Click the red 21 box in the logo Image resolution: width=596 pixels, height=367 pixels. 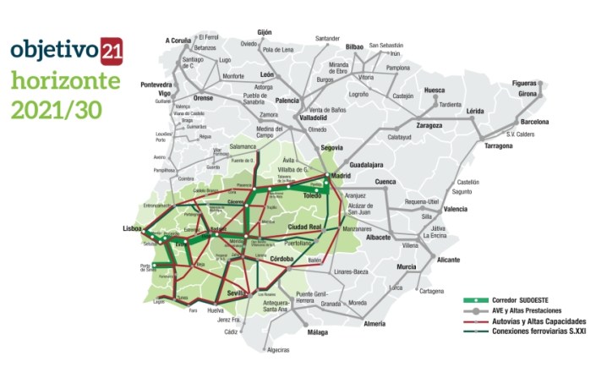tap(112, 50)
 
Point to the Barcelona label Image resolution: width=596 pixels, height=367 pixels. tap(533, 121)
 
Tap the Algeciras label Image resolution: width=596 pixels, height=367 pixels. tap(279, 348)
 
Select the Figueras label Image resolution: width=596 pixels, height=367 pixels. tap(531, 83)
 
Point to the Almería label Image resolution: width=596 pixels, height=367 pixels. tap(374, 324)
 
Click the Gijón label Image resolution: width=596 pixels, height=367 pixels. tap(264, 32)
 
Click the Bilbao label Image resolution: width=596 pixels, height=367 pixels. tap(354, 47)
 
